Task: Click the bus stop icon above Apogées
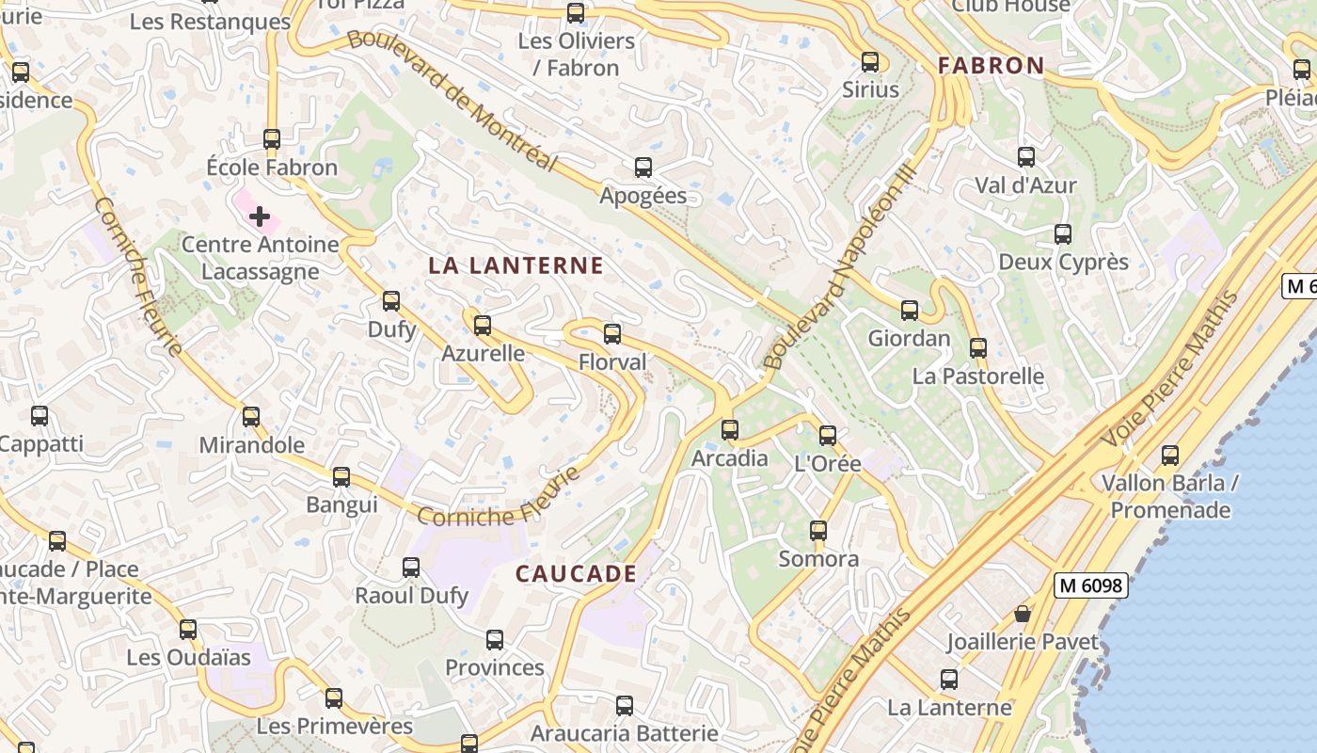tap(643, 168)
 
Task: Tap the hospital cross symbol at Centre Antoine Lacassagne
tap(260, 216)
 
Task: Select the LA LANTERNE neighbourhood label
tap(516, 266)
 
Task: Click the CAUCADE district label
tap(576, 574)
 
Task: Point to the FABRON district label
tap(992, 66)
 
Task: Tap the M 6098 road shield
tap(1090, 585)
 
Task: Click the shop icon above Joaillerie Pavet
tap(1023, 615)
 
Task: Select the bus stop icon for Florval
tap(612, 333)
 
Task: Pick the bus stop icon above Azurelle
tap(483, 326)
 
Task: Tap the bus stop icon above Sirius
tap(870, 62)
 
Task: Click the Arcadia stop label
tap(730, 459)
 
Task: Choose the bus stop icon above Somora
tap(818, 531)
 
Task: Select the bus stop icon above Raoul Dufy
tap(411, 568)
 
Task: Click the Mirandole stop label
tap(252, 445)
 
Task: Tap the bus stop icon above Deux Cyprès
tap(1063, 234)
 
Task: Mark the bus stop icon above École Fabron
tap(272, 139)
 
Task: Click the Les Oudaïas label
tap(188, 657)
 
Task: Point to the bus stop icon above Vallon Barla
tap(1170, 456)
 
